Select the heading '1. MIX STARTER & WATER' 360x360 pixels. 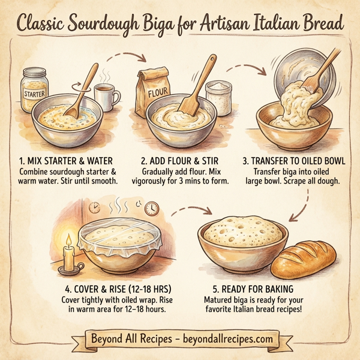tap(67, 161)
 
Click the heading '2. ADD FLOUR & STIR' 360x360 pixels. tap(180, 161)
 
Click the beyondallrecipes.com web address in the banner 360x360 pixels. tap(226, 339)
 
